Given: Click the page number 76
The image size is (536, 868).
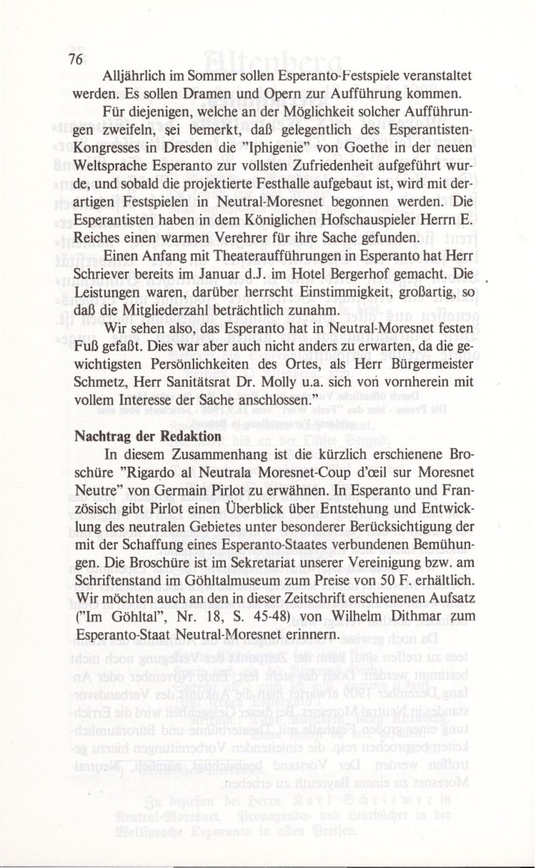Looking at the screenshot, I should point(75,59).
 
